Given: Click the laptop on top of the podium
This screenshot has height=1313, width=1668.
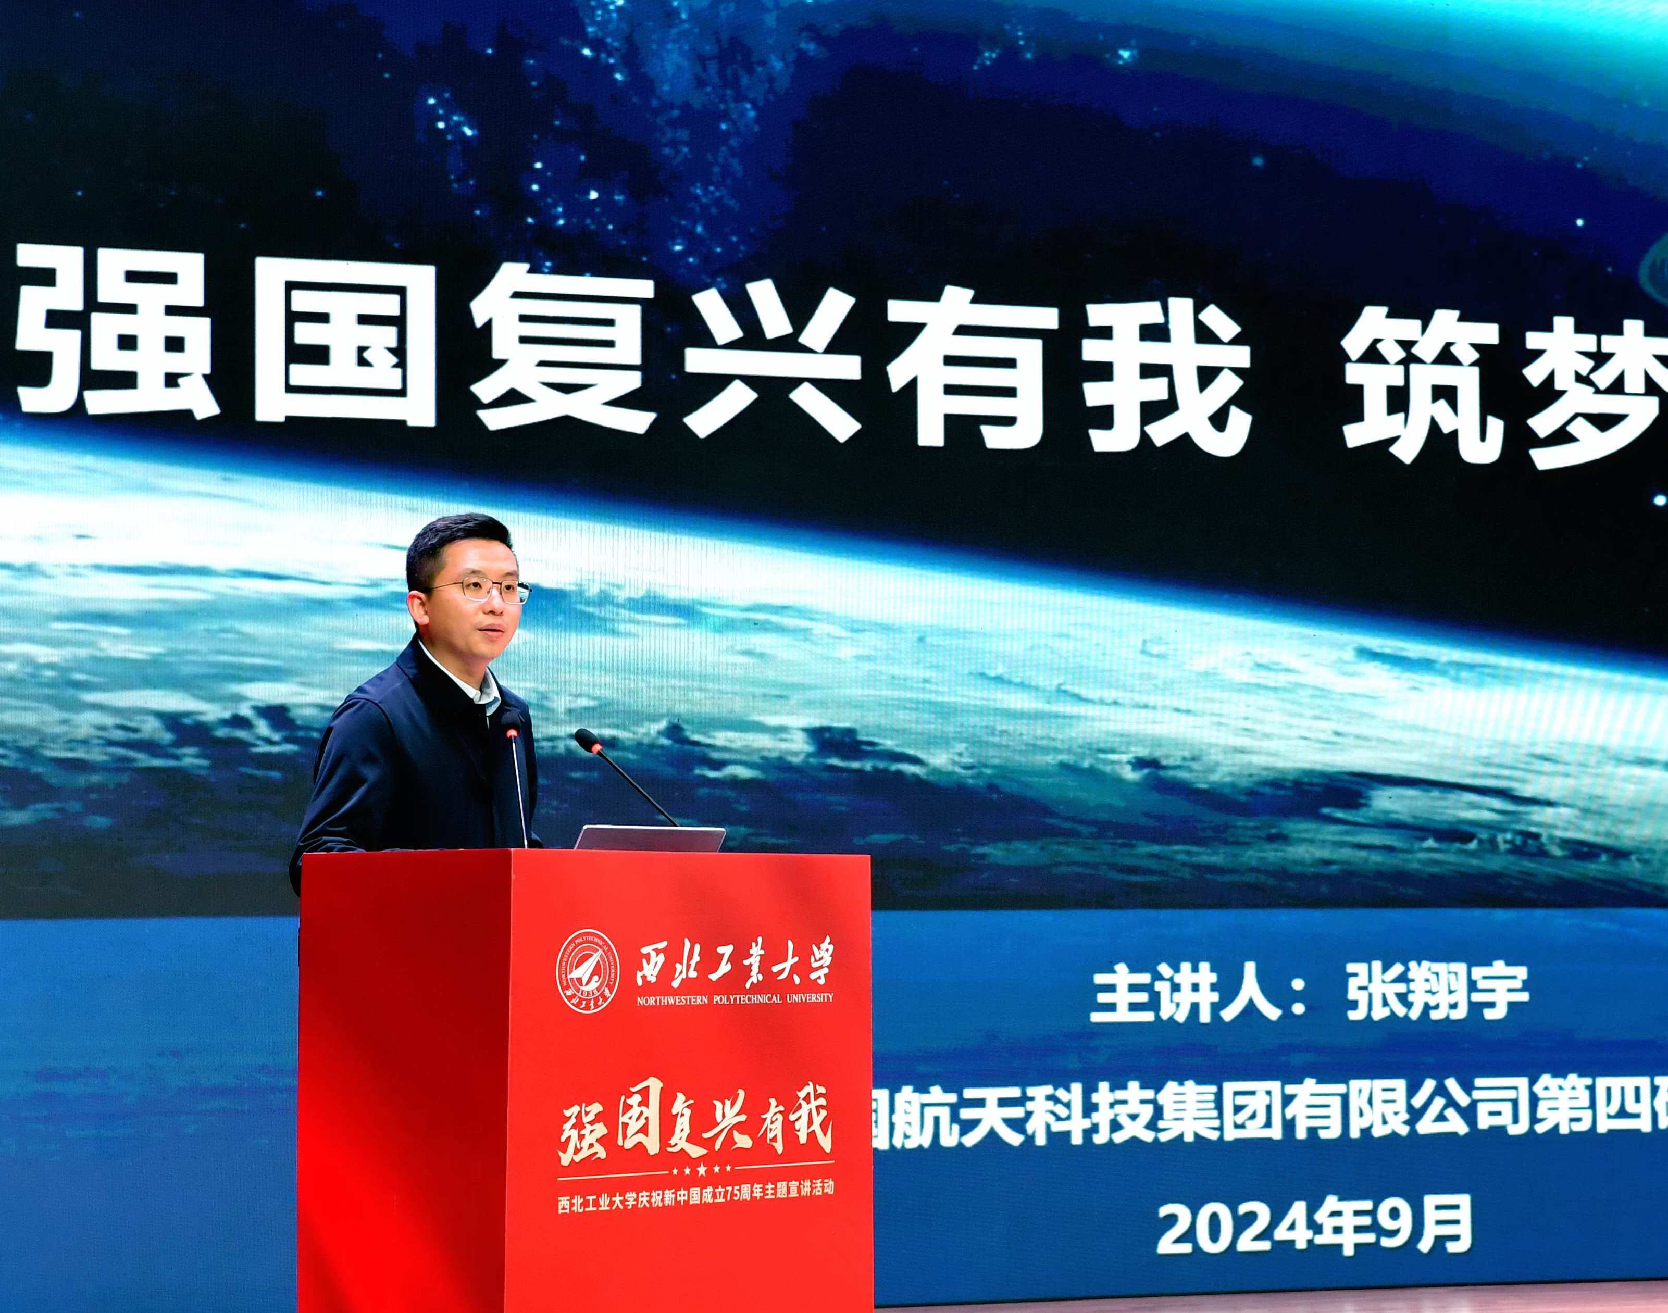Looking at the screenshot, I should (x=650, y=838).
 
